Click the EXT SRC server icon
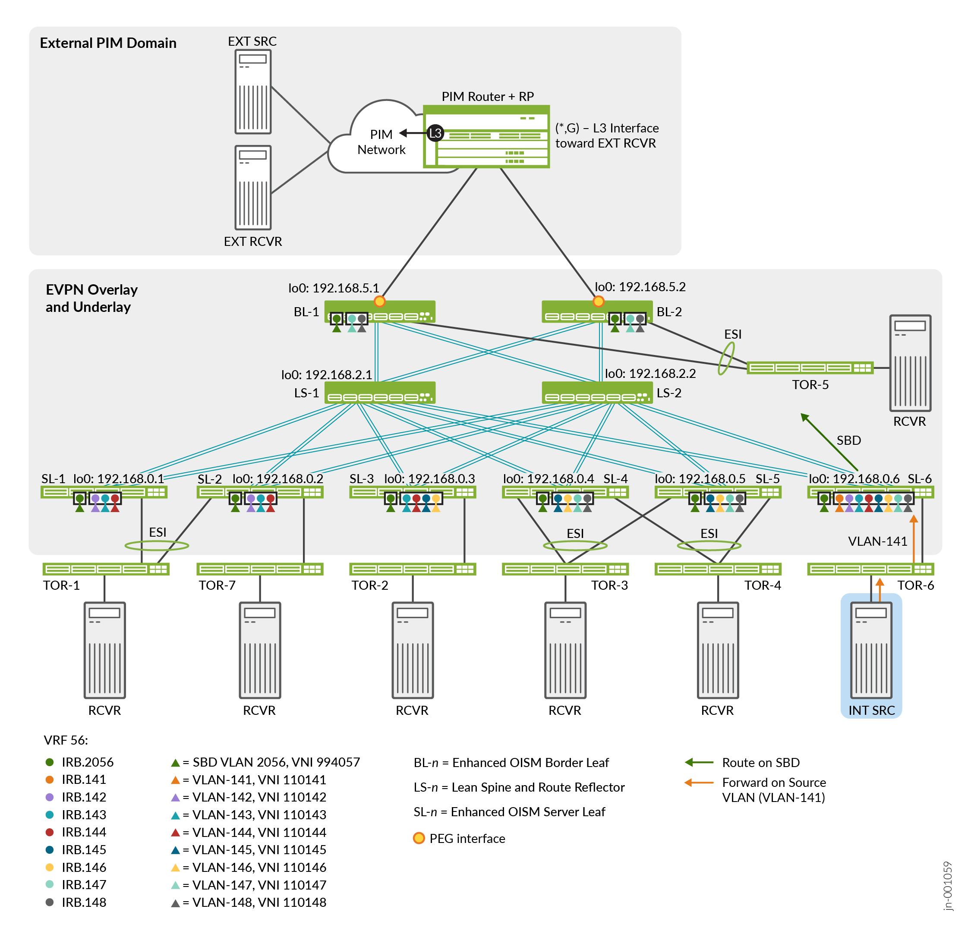coord(252,91)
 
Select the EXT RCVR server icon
coord(252,187)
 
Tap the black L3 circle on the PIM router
coord(435,133)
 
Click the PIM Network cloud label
coord(381,141)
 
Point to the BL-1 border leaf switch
coord(379,311)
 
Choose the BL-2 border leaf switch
coord(596,311)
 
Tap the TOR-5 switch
coord(810,368)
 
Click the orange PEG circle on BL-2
coord(599,301)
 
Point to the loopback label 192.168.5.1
coord(334,288)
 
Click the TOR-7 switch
coord(260,569)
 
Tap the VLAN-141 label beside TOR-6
coord(877,541)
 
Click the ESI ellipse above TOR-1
coord(157,546)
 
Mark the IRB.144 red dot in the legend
coord(50,832)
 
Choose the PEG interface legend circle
coord(419,838)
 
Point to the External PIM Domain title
coord(108,43)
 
